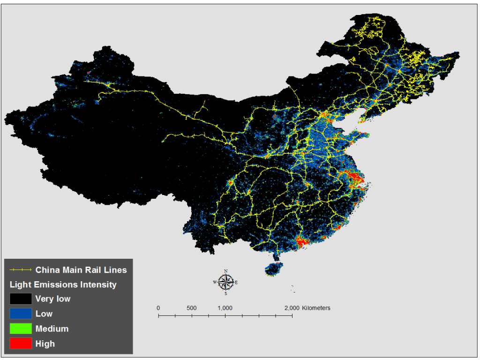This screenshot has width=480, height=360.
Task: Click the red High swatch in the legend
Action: [x=21, y=344]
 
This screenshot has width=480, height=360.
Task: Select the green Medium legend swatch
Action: [x=21, y=329]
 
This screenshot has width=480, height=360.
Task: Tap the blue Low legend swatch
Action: [x=21, y=314]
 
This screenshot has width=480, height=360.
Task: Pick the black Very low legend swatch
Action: [x=21, y=299]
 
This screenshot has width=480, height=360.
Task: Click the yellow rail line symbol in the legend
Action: [x=20, y=270]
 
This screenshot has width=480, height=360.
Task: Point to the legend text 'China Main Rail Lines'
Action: [x=81, y=270]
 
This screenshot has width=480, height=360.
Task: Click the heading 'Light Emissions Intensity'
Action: [x=63, y=285]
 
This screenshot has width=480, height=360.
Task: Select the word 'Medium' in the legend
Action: [x=52, y=329]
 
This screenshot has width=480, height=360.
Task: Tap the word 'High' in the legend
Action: [x=45, y=344]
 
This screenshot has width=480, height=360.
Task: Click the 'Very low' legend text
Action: [x=53, y=299]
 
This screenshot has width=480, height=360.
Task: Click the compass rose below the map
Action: [x=226, y=282]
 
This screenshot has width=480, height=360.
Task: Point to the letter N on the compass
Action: [x=226, y=271]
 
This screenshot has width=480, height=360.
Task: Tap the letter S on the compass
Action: [x=226, y=293]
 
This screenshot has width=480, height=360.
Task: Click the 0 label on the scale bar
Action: [x=158, y=308]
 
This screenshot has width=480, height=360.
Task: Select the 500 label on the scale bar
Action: [x=192, y=308]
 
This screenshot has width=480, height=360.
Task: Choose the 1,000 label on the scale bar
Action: [x=225, y=308]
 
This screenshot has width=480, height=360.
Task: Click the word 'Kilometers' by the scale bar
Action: [x=316, y=308]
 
